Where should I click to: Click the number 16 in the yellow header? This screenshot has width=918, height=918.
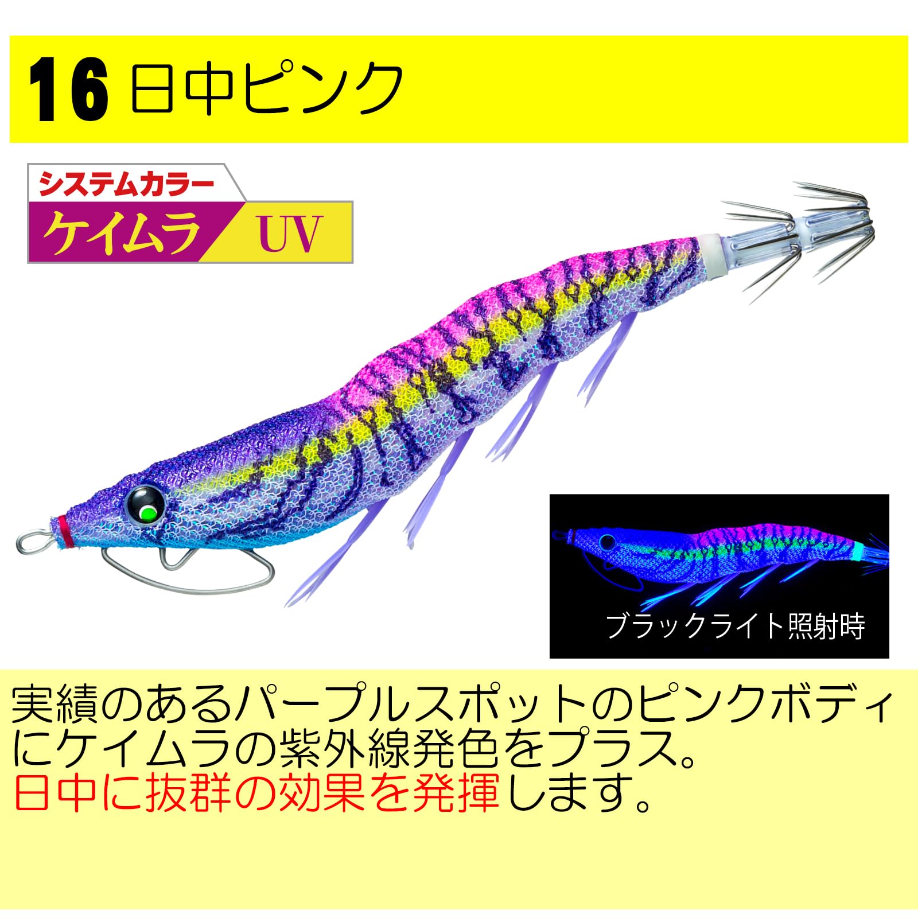(x=68, y=92)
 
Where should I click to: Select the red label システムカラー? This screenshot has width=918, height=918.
(x=126, y=185)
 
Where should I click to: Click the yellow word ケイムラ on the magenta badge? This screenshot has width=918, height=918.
(x=122, y=232)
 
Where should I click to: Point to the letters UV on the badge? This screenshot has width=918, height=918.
(x=290, y=234)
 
